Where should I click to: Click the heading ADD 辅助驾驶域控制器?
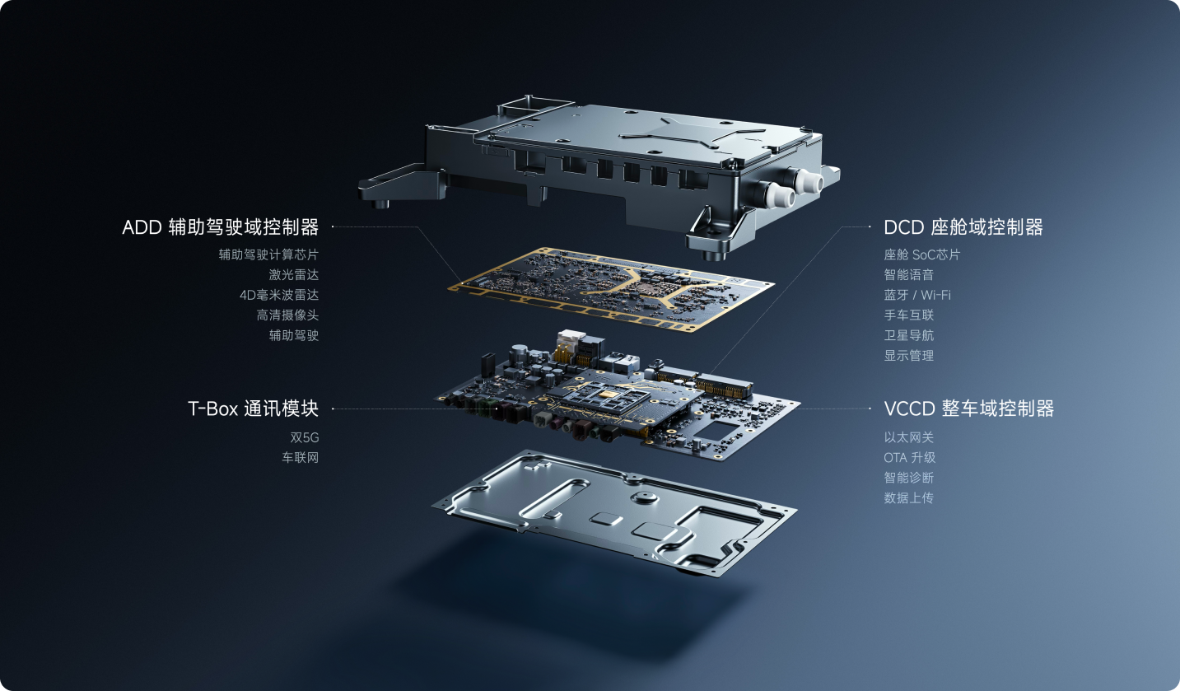point(220,227)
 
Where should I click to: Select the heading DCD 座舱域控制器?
point(963,227)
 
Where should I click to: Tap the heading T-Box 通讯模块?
point(254,409)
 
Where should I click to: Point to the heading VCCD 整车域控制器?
point(968,409)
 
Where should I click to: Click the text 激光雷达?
point(294,274)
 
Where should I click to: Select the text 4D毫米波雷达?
point(279,295)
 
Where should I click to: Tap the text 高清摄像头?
point(287,315)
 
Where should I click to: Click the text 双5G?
point(305,437)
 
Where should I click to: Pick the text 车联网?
point(301,457)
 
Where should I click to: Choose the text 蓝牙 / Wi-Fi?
point(917,295)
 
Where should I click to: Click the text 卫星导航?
point(909,335)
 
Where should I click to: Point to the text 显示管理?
point(909,355)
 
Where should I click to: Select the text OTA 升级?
point(910,457)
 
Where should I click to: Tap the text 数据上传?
point(909,497)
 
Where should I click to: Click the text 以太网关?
point(909,437)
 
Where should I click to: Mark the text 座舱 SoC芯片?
point(922,254)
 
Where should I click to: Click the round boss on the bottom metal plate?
point(643,497)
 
